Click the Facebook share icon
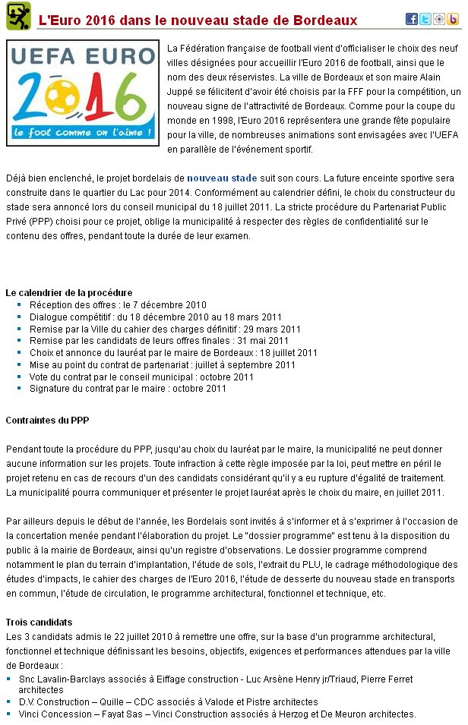tap(412, 19)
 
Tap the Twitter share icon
tap(425, 19)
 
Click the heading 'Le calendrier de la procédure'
tap(69, 292)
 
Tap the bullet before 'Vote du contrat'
tap(19, 377)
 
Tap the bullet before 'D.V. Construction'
tap(8, 702)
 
